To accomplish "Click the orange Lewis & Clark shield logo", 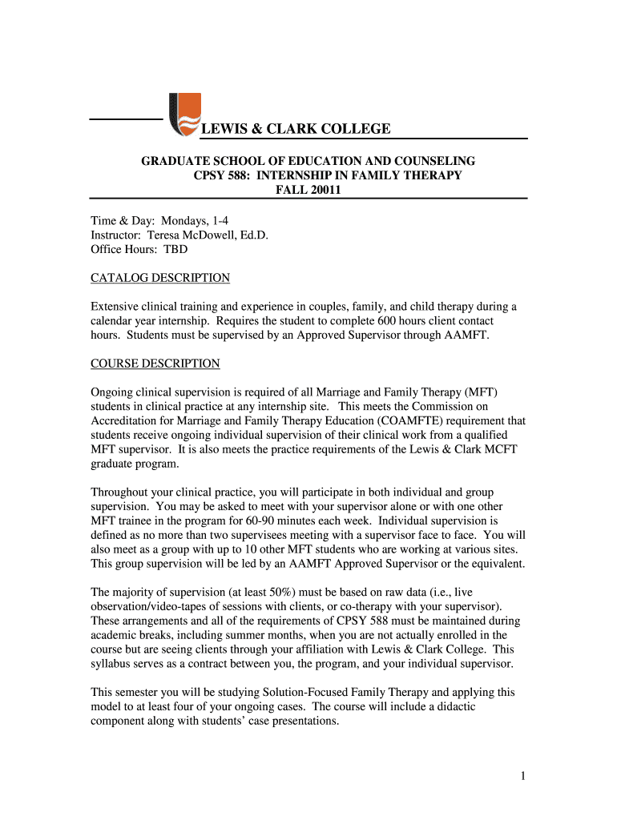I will (185, 115).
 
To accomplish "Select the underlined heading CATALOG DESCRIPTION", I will (160, 278).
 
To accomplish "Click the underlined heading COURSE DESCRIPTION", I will (155, 364).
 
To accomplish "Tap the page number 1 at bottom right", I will (521, 775).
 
